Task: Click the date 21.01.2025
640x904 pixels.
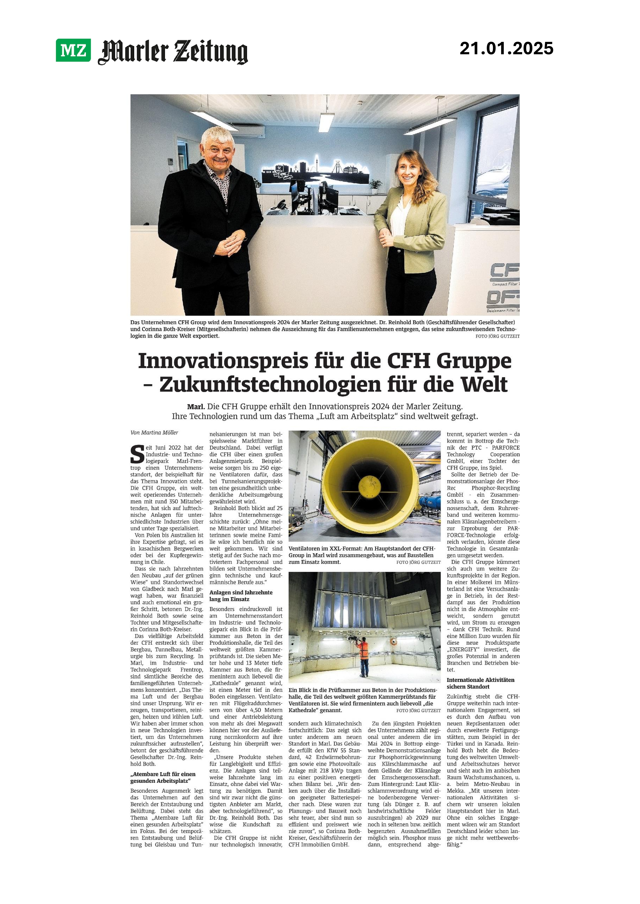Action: point(506,48)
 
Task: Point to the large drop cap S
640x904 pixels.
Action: point(137,454)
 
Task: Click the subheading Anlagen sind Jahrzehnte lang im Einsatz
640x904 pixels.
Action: point(241,596)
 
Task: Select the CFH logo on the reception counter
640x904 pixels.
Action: point(505,272)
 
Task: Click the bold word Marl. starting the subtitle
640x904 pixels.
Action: point(195,406)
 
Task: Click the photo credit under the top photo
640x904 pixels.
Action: point(497,336)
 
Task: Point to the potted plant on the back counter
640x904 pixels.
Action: point(375,185)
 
